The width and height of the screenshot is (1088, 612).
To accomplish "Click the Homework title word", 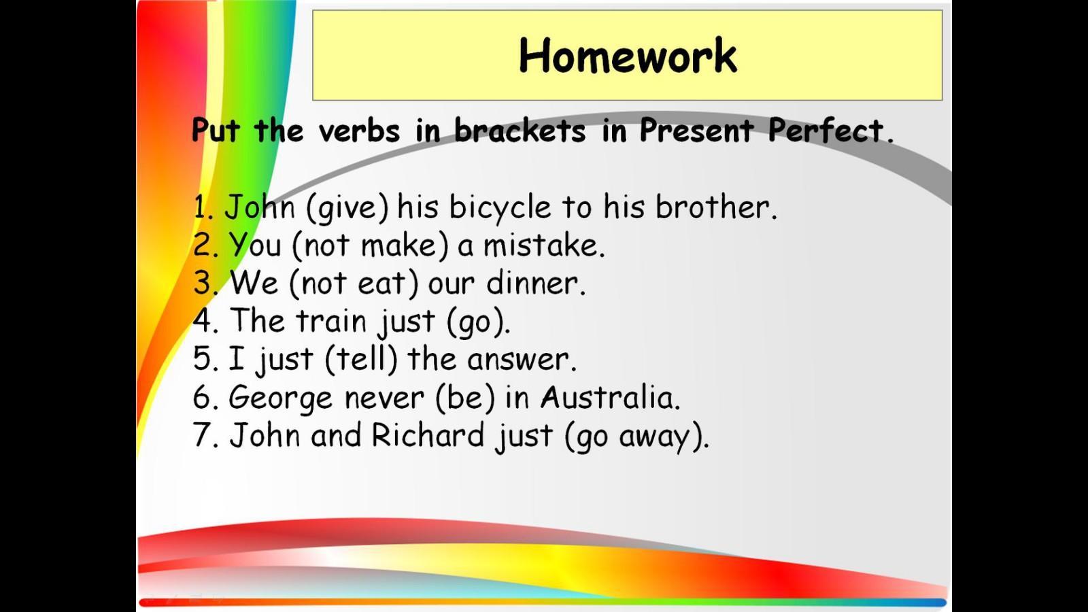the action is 628,55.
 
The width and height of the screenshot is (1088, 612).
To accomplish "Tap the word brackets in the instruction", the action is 520,130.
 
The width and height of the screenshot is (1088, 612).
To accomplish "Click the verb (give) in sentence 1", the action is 347,208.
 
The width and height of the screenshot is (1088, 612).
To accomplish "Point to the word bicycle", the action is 500,207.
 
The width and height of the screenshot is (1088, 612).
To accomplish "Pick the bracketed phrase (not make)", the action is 370,245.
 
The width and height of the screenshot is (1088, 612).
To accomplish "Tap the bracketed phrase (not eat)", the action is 354,283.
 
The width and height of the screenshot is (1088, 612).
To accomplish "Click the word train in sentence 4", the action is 332,320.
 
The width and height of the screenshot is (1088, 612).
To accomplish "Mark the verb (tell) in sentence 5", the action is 361,359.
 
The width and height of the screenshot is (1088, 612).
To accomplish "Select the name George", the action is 281,398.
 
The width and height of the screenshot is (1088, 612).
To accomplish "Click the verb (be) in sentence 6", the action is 465,397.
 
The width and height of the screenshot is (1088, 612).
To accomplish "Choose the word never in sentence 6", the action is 384,398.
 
